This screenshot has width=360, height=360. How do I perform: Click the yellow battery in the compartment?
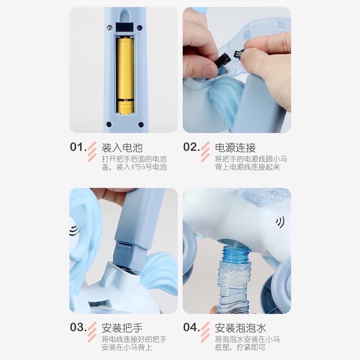125,75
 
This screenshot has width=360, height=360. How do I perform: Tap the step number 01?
78,147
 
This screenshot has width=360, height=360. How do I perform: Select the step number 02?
192,147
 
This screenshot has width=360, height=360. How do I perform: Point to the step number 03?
78,327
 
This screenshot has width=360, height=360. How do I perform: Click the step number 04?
192,327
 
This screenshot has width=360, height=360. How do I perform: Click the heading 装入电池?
122,148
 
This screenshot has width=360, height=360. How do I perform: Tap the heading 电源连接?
235,148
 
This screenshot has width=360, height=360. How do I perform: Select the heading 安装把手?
122,328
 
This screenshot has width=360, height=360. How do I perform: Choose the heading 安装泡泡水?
240,328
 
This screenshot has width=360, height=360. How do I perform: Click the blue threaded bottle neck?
236,254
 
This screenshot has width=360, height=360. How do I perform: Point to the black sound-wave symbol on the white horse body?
280,222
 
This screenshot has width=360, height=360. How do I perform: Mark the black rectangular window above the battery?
125,28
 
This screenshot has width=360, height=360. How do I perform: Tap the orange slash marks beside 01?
92,152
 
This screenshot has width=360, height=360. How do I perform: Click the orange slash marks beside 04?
205,332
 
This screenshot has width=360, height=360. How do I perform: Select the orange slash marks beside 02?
205,152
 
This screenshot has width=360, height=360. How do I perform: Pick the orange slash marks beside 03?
92,332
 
